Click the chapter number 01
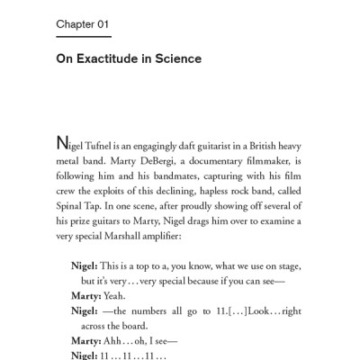tap(101, 22)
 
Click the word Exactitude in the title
tap(111, 59)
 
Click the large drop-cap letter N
tap(62, 143)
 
